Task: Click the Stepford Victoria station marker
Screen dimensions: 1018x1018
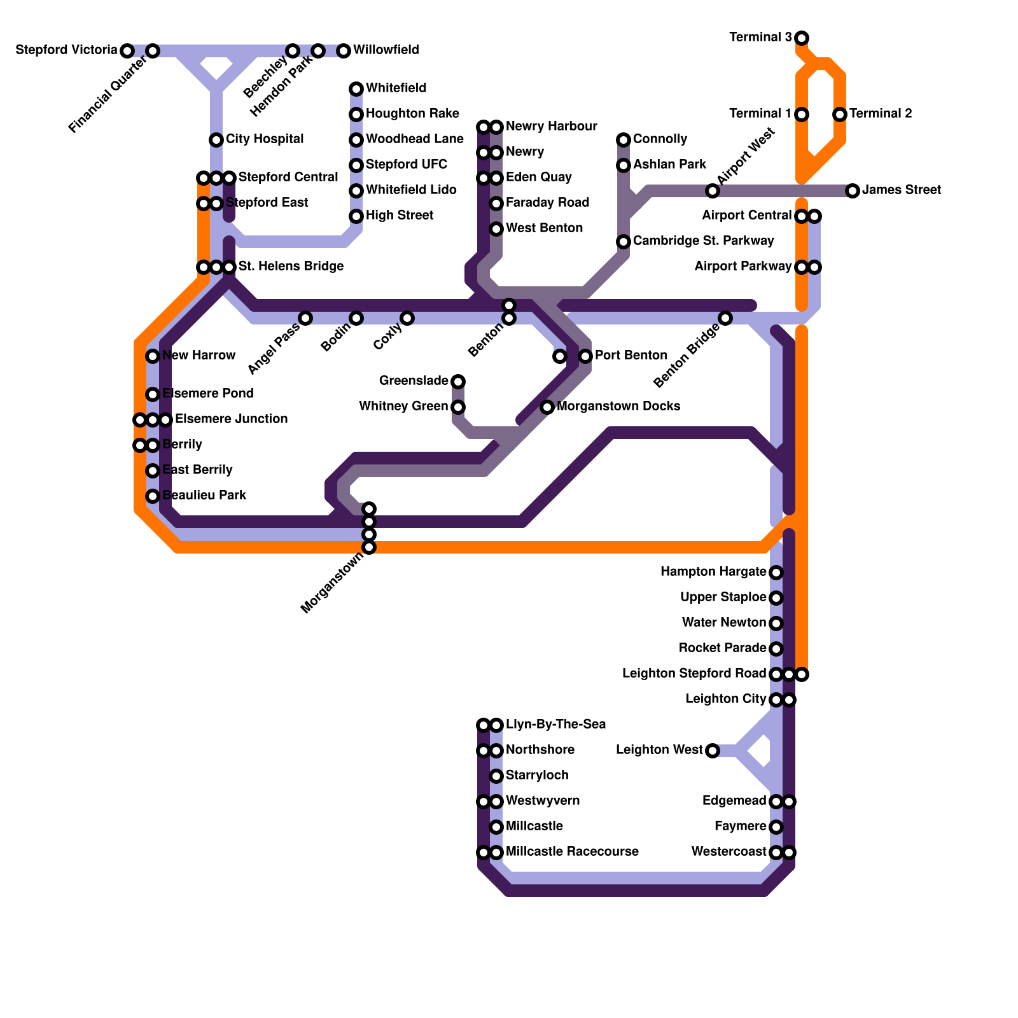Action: [x=127, y=50]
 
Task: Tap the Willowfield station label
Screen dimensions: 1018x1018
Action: [x=386, y=50]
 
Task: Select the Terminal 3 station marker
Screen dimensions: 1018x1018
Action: [x=802, y=38]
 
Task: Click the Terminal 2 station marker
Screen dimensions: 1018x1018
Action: [x=840, y=115]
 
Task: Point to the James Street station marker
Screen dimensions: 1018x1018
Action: [x=853, y=190]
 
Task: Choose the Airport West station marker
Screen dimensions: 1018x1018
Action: [x=713, y=191]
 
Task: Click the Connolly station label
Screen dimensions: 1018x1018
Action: [x=660, y=139]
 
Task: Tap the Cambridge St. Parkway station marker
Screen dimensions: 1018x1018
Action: [x=624, y=242]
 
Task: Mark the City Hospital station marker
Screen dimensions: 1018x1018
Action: [x=216, y=140]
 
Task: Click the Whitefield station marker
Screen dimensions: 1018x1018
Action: [x=356, y=89]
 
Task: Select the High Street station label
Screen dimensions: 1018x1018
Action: [x=399, y=216]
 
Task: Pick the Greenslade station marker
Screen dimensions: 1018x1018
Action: [x=458, y=382]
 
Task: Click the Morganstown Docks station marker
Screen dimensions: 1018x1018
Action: [x=547, y=407]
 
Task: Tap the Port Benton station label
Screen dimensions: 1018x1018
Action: [x=631, y=356]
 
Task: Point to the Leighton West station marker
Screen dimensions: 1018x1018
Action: [x=713, y=751]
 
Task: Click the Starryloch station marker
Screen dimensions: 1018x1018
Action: [x=496, y=776]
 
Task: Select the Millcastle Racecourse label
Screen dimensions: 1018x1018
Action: [x=571, y=852]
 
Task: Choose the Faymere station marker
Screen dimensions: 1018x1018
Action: [x=776, y=827]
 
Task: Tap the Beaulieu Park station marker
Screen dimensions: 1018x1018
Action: [x=153, y=496]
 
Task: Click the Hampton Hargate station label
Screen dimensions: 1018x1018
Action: [x=713, y=572]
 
